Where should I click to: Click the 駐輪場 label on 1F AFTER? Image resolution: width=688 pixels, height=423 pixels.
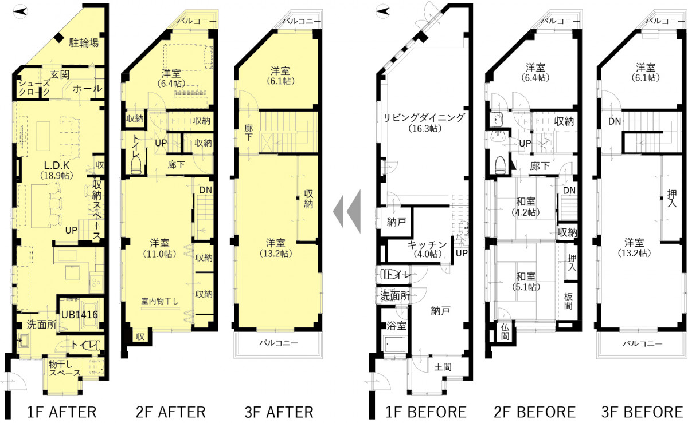[84, 42]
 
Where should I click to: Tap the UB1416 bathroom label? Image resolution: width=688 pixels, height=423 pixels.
[80, 314]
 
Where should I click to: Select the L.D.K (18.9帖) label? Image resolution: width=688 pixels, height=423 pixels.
[57, 170]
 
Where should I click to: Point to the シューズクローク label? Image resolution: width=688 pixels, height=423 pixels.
[34, 88]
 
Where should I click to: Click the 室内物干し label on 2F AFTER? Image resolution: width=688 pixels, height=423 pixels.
[160, 301]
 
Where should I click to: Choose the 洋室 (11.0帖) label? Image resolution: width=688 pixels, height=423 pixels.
[160, 248]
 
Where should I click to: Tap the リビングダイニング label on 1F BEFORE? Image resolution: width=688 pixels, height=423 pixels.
[424, 117]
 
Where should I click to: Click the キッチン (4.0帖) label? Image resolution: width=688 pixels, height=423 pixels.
[427, 249]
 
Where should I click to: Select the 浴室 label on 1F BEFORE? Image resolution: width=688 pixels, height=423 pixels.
[396, 326]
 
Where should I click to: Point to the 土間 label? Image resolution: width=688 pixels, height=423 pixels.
[443, 367]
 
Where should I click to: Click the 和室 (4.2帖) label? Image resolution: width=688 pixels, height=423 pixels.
[526, 207]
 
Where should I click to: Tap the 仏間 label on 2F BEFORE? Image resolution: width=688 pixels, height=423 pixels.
[505, 332]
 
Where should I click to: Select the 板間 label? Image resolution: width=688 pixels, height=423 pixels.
[568, 301]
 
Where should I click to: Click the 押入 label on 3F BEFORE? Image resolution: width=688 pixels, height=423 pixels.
[672, 198]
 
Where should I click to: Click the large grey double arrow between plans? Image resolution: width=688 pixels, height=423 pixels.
[347, 211]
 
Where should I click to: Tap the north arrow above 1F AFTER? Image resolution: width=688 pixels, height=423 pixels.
[20, 11]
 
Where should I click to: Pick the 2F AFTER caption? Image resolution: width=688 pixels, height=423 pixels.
[171, 412]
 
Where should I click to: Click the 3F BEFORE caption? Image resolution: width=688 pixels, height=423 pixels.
[642, 412]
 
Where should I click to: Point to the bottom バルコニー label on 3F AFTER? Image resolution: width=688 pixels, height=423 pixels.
[279, 343]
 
